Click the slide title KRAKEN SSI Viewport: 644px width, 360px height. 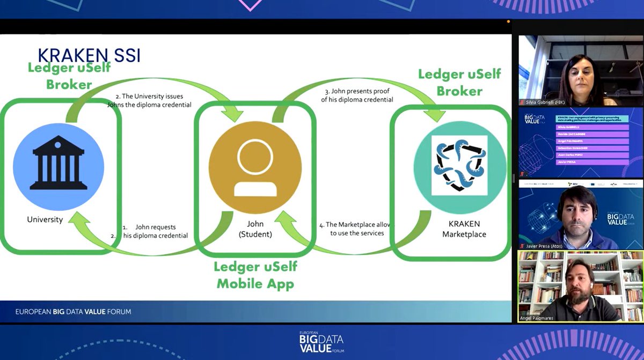(x=89, y=55)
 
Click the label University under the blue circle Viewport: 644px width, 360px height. (x=45, y=219)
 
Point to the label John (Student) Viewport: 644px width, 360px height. (x=255, y=229)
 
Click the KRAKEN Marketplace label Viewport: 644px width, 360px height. (x=464, y=229)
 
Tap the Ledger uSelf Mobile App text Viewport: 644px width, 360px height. (x=255, y=275)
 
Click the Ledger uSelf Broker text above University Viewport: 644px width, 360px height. (x=69, y=76)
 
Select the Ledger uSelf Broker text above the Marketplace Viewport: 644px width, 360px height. (x=459, y=82)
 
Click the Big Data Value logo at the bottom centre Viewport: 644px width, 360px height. (x=321, y=343)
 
